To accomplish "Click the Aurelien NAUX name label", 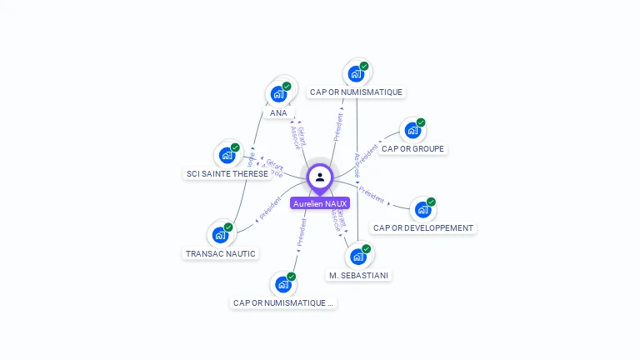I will (x=320, y=203).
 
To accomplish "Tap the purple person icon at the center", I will (x=320, y=177).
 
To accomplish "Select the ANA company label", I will (x=278, y=112).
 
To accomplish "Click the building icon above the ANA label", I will (x=278, y=94).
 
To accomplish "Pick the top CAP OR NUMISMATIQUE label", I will (x=356, y=92).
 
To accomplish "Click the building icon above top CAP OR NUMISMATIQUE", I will (x=356, y=73).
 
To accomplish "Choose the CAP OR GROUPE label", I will (x=412, y=149).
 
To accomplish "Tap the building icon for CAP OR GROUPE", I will (x=412, y=131).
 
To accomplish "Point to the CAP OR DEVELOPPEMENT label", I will (x=423, y=227).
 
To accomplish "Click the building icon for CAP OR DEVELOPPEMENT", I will (x=423, y=209).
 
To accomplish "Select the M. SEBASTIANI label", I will (x=358, y=275).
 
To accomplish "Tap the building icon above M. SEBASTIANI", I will (x=358, y=256).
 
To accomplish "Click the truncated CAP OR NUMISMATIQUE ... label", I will (x=283, y=303).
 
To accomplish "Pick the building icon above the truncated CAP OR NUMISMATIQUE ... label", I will (x=283, y=284).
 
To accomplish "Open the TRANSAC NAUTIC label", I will (x=221, y=253).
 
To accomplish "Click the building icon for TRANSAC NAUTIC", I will (x=221, y=235).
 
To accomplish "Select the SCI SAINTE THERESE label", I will (x=227, y=173).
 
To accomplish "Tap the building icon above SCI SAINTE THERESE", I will (x=227, y=155).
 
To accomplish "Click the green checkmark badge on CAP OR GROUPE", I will (x=421, y=122).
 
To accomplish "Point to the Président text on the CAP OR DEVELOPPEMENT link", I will (x=372, y=197).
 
